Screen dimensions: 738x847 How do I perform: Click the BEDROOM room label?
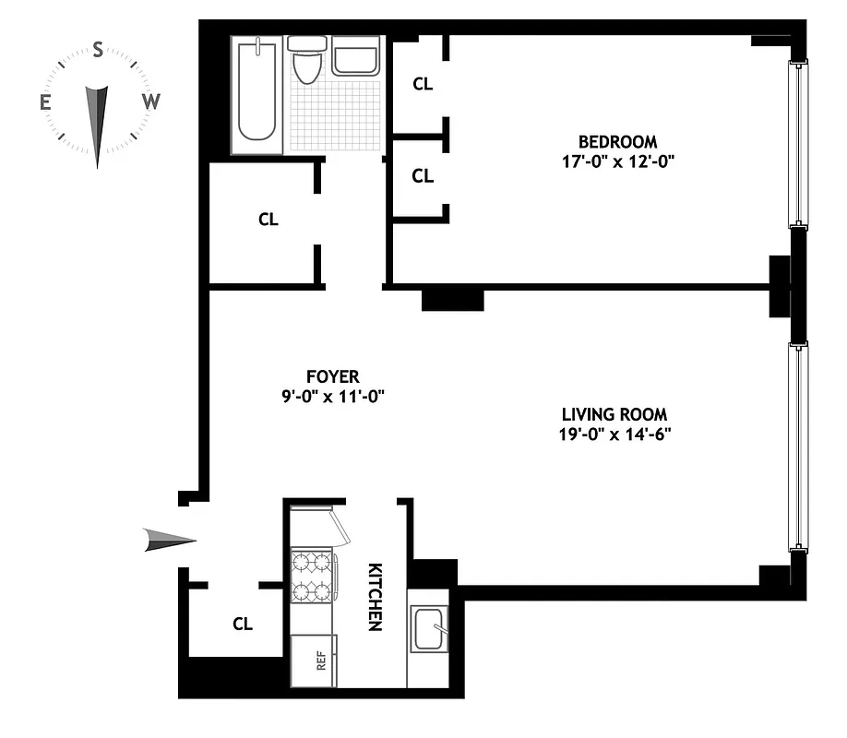pos(617,142)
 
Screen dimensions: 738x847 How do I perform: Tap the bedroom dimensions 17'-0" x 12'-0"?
pos(617,161)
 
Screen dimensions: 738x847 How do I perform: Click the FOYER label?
pos(332,376)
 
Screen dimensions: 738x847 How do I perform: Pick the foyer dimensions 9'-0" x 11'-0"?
pos(332,396)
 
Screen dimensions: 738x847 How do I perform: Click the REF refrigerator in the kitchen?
pos(315,661)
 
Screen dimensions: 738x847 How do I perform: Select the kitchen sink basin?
pos(428,629)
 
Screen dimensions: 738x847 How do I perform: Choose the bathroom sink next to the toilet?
pos(355,56)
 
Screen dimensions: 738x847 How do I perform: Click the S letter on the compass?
pos(98,52)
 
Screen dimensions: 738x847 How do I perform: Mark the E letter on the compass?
pos(45,102)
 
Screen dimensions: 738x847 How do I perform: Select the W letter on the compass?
pos(151,102)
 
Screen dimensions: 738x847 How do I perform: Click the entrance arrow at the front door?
pos(170,540)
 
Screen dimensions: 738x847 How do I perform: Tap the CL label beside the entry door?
pos(243,625)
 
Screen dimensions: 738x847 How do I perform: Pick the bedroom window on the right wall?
pos(797,144)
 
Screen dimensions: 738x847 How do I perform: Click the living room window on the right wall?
pos(797,447)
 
